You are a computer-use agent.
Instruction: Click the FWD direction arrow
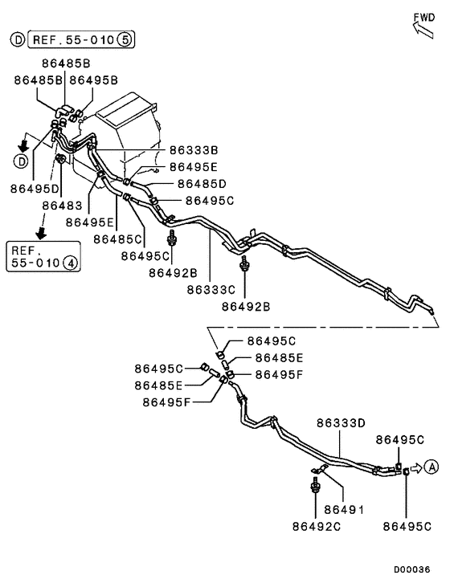pos(423,29)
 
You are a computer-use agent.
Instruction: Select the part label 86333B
pos(194,150)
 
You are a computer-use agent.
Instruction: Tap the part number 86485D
pos(202,184)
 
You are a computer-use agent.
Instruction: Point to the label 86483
pos(62,206)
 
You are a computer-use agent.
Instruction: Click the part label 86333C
pos(211,290)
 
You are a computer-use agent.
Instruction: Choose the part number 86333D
pos(341,423)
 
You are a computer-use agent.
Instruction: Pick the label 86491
pos(344,509)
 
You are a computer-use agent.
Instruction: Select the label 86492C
pos(317,526)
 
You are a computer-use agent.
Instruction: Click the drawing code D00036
pos(411,569)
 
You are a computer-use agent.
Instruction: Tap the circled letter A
pos(432,467)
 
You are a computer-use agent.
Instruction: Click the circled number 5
pos(125,39)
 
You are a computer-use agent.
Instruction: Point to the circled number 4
pos(71,263)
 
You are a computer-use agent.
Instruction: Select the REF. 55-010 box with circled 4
pos(43,256)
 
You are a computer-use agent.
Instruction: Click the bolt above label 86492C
pos(316,486)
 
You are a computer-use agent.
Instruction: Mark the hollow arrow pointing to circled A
pos(416,468)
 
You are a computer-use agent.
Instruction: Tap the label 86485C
pos(117,238)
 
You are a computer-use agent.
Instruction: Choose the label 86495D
pos(35,189)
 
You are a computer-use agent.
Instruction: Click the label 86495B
pos(94,80)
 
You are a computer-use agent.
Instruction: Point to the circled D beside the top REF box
pos(18,39)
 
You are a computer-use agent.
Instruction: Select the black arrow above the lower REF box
pos(41,233)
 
